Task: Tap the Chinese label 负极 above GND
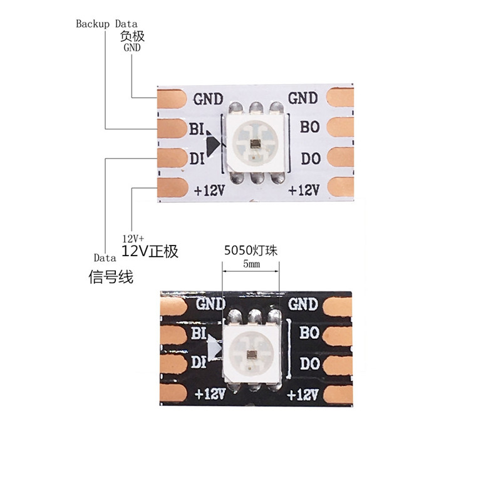132,36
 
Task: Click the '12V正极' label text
150,252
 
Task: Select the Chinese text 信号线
111,277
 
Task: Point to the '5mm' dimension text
250,265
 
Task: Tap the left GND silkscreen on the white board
207,99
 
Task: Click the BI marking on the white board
197,128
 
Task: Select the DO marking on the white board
311,159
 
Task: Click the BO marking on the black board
309,333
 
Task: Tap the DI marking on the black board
198,361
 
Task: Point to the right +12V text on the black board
303,395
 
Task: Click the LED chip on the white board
255,142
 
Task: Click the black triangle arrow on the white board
213,145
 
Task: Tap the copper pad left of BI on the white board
171,128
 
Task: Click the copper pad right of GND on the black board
337,304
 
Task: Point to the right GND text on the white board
302,98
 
